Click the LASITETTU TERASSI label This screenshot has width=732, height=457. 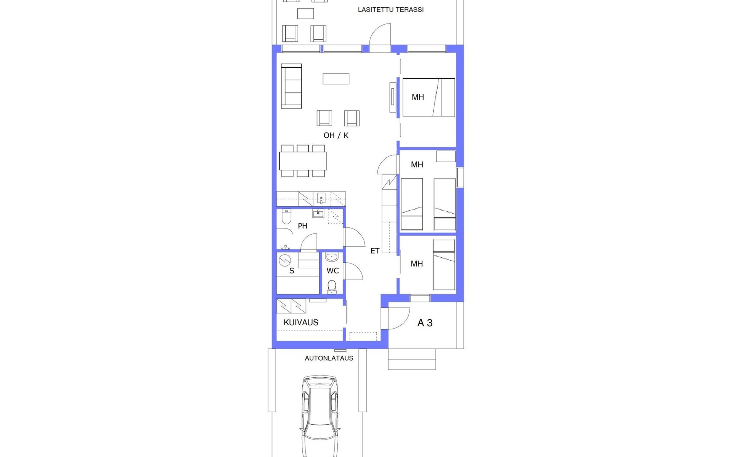(390, 10)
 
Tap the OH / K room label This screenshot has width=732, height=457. (336, 135)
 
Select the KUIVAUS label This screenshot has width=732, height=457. (301, 322)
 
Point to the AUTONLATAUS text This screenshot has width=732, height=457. (329, 358)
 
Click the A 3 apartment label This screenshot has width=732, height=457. (425, 323)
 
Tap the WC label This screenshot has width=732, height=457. (332, 271)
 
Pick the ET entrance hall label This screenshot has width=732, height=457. (375, 251)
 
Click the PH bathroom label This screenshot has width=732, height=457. (302, 226)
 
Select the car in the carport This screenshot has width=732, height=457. (320, 416)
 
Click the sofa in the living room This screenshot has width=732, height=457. (291, 86)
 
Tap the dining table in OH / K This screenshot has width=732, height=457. (303, 161)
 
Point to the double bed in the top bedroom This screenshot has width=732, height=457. (429, 97)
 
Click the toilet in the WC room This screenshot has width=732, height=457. (332, 287)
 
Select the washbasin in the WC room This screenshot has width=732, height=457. (332, 257)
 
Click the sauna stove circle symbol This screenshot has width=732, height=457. (285, 260)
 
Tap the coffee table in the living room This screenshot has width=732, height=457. (336, 79)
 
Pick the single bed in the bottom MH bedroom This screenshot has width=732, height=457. (444, 265)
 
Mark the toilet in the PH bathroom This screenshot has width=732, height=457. (286, 216)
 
